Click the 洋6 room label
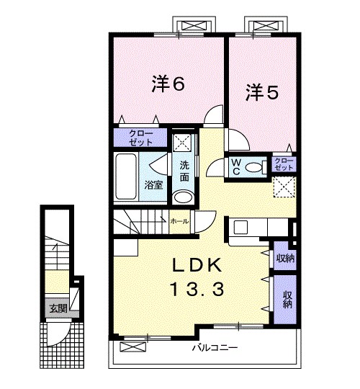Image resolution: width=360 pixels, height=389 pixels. click(x=168, y=84)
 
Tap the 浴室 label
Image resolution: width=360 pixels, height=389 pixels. click(x=153, y=185)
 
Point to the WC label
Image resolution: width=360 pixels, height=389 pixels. click(x=235, y=166)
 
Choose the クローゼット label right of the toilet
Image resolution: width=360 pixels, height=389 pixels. click(x=284, y=164)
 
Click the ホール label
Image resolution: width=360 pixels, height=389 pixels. click(x=179, y=222)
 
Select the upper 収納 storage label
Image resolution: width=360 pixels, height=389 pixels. click(x=284, y=258)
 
